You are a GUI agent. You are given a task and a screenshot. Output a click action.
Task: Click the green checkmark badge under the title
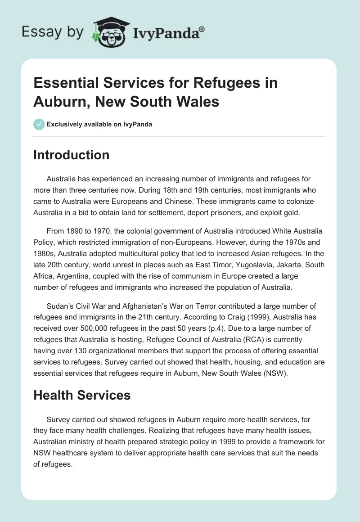[x=39, y=124]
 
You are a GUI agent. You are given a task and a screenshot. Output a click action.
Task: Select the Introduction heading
[x=71, y=155]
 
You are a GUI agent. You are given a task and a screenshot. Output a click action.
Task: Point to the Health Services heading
[x=82, y=395]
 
